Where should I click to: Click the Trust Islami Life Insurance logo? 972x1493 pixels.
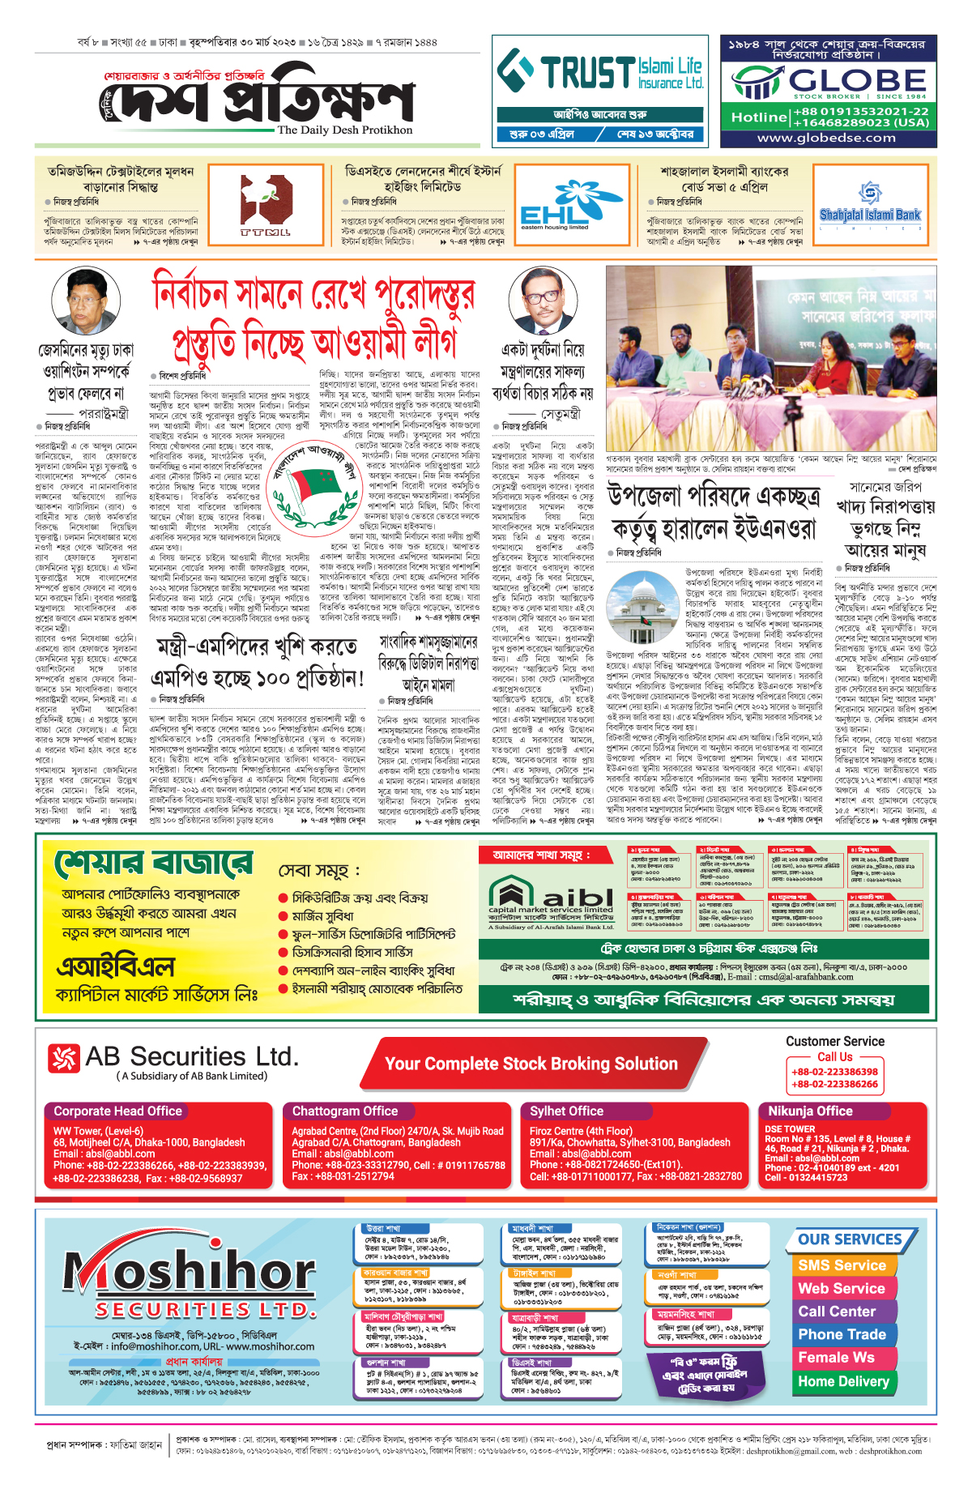click(x=599, y=72)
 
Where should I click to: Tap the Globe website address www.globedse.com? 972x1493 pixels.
click(x=826, y=138)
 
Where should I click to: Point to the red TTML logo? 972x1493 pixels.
click(x=266, y=207)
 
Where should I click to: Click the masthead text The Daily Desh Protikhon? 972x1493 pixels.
click(x=344, y=130)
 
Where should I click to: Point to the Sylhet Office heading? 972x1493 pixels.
click(x=566, y=1111)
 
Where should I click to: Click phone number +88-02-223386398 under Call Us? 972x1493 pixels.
click(x=834, y=1071)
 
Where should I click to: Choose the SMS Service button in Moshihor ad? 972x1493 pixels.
click(x=842, y=1265)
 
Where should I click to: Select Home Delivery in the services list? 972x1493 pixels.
click(x=843, y=1381)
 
